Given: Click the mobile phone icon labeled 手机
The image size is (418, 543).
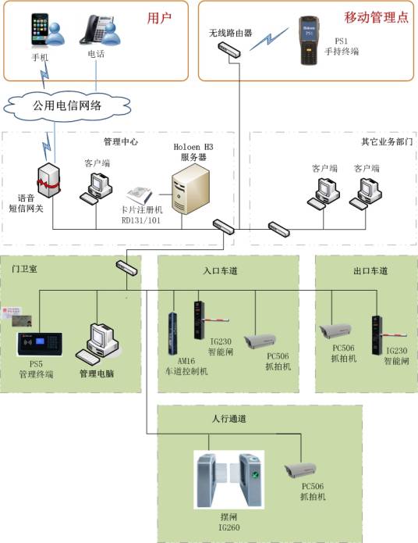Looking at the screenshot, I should pyautogui.click(x=39, y=30).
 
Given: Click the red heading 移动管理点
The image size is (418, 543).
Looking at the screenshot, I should pyautogui.click(x=377, y=16).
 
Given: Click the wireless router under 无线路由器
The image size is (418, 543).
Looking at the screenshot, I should pyautogui.click(x=229, y=49).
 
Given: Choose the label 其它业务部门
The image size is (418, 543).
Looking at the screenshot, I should pyautogui.click(x=385, y=142).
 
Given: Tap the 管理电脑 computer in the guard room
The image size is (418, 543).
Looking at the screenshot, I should pyautogui.click(x=101, y=342).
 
